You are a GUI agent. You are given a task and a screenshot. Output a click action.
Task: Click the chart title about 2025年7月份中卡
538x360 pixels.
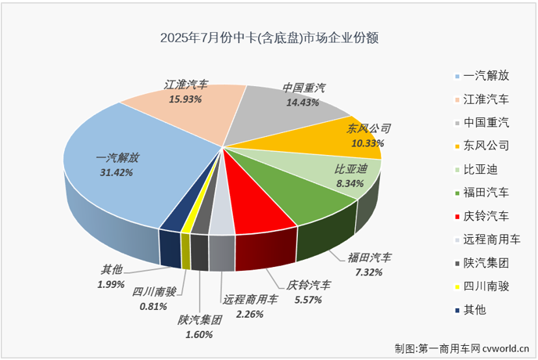(x=268, y=37)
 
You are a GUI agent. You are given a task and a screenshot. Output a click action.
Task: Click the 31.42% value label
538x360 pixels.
(x=117, y=173)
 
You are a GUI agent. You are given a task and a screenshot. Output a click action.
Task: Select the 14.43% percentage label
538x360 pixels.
(x=303, y=103)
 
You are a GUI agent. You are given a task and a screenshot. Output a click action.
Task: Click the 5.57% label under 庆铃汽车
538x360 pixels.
(x=308, y=299)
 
